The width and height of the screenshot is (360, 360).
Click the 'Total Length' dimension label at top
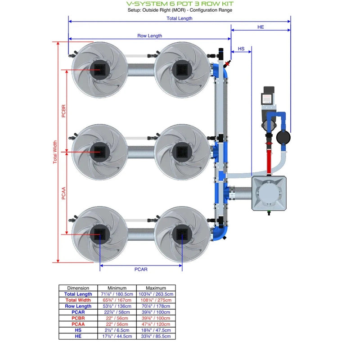coord(179,18)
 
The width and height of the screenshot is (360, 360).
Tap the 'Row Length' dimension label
coord(149,36)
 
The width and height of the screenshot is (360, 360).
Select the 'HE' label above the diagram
coord(261,27)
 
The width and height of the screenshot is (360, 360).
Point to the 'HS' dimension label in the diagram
coord(241,48)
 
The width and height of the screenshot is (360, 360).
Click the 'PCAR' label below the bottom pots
coord(141,269)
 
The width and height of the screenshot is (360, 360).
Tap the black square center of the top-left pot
coord(99,69)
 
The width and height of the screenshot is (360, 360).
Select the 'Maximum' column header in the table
coord(156,288)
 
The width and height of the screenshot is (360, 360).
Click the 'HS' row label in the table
coord(78,330)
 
